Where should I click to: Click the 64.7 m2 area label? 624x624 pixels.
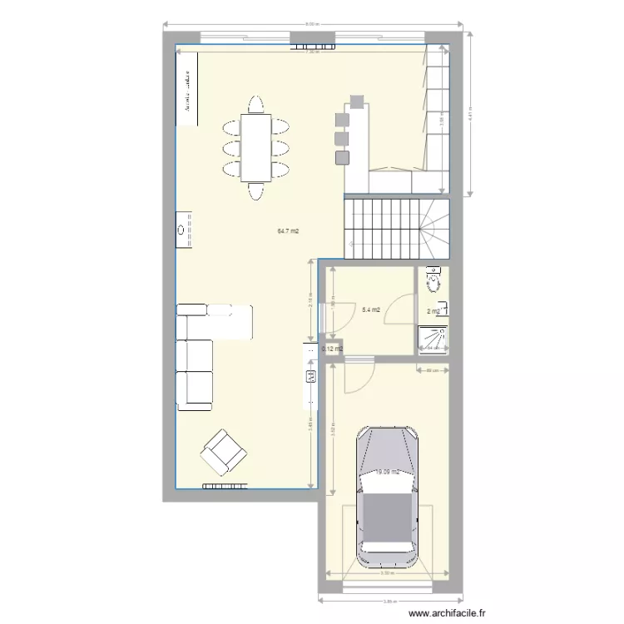click(288, 231)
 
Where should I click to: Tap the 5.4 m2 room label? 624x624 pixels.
click(371, 310)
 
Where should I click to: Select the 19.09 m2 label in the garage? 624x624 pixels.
click(387, 472)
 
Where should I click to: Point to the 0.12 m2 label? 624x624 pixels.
click(333, 349)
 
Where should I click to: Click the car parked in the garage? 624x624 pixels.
click(387, 498)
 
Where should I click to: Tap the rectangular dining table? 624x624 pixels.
click(255, 146)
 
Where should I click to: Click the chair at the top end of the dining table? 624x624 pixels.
click(255, 105)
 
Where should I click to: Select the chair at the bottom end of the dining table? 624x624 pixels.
click(255, 191)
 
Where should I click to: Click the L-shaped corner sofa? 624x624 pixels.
click(200, 354)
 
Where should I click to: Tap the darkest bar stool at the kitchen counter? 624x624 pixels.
click(342, 156)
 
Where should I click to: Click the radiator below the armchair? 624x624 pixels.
click(222, 485)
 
